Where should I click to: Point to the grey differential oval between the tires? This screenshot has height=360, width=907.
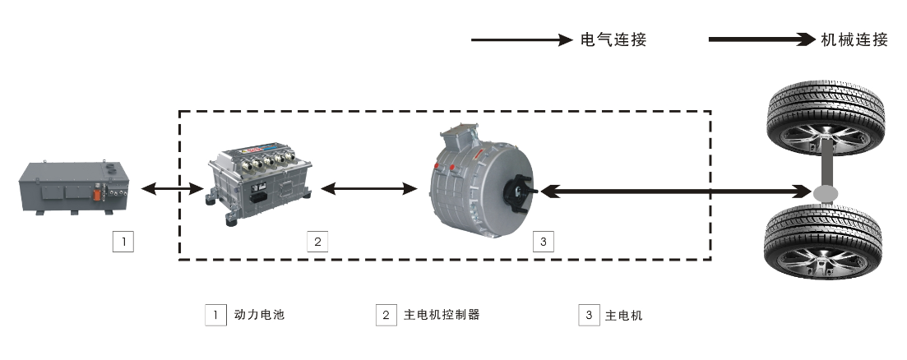click(x=826, y=192)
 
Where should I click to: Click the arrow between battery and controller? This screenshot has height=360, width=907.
click(x=173, y=190)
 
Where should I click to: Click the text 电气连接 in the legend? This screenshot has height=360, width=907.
click(x=613, y=39)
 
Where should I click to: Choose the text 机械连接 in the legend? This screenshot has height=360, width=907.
click(x=855, y=39)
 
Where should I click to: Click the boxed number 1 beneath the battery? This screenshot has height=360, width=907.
click(x=123, y=242)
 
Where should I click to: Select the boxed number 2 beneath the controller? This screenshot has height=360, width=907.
click(x=317, y=242)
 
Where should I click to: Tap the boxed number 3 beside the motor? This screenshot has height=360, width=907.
click(x=543, y=242)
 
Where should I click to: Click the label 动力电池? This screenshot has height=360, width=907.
click(x=259, y=315)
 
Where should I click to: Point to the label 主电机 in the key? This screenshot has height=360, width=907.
click(x=624, y=315)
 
